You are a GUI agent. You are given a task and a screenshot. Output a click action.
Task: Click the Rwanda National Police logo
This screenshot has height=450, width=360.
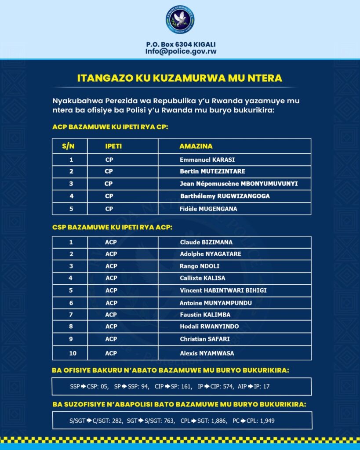coord(180,20)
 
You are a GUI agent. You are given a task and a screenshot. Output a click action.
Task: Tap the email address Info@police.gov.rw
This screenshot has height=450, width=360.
coord(181,51)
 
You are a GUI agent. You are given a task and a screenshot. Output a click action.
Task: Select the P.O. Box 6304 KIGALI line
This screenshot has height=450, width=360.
coord(181,44)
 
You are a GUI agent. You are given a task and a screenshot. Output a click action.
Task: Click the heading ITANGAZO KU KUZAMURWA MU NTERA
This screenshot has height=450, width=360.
coord(180,78)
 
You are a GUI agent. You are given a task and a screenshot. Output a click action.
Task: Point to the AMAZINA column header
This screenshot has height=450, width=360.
coord(196,146)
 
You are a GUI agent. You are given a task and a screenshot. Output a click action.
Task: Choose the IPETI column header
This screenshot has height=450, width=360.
coord(111,146)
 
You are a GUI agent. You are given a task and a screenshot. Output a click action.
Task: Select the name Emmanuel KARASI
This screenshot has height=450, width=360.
coord(207,160)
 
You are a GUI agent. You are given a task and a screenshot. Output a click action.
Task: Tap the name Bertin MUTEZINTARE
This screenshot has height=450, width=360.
coord(213,171)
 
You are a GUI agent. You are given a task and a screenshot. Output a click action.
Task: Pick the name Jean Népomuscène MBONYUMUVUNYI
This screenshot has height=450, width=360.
coord(239,184)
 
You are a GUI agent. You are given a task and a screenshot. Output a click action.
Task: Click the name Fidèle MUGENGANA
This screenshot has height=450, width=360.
coord(208,209)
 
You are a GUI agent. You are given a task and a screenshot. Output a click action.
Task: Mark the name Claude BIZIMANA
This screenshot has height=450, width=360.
coord(206,242)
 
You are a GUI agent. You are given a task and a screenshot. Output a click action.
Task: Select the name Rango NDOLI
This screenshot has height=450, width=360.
coord(200,266)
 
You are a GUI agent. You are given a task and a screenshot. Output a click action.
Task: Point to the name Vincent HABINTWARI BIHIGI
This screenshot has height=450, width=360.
coord(223,290)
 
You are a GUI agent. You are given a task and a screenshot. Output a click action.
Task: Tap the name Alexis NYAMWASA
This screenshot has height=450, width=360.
coord(207,353)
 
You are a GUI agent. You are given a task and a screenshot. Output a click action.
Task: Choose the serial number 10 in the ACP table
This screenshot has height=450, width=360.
coord(71,353)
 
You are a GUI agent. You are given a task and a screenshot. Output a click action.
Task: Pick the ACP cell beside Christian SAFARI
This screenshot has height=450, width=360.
coord(111,339)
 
